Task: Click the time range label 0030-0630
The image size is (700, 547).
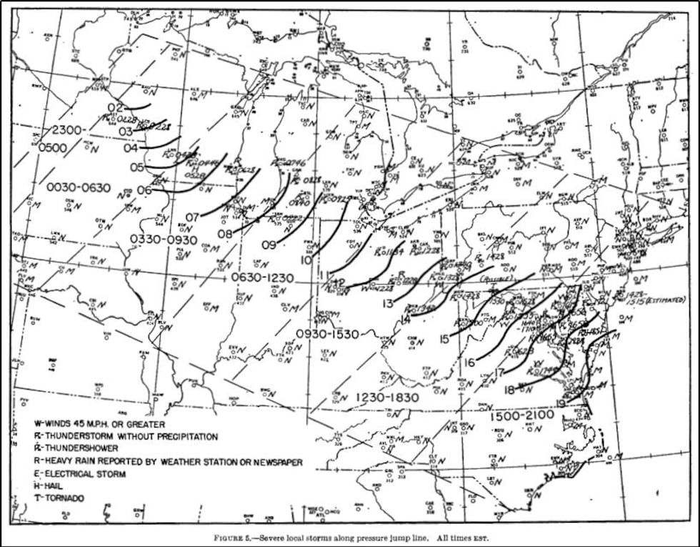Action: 79,188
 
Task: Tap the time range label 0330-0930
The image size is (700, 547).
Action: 163,239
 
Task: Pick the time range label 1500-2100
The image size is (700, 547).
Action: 523,415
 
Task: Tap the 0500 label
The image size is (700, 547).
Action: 53,148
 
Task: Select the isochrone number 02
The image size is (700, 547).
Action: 116,108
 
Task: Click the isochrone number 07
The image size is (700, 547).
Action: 192,217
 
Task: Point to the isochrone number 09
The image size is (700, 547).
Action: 269,245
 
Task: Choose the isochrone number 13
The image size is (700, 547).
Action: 388,304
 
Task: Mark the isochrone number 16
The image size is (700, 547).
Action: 469,362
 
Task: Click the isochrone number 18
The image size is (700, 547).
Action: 509,390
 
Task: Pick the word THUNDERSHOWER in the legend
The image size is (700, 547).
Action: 84,448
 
